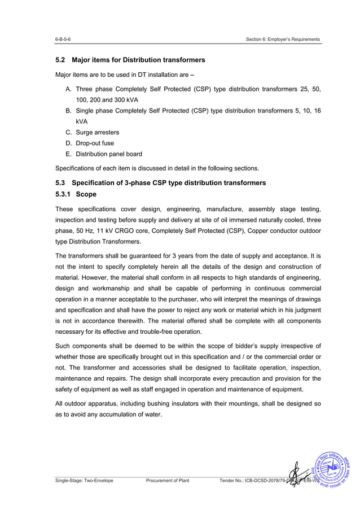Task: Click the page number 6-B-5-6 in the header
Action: pyautogui.click(x=63, y=40)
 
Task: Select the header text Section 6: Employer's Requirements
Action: pyautogui.click(x=283, y=40)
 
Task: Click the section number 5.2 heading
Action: pyautogui.click(x=61, y=60)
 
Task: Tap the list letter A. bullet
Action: pyautogui.click(x=68, y=89)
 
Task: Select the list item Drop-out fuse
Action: pyautogui.click(x=95, y=143)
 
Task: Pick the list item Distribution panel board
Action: pyautogui.click(x=109, y=154)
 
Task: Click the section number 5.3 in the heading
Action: pyautogui.click(x=61, y=183)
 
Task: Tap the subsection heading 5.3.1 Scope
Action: pyautogui.click(x=76, y=194)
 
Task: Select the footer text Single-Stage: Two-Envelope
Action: pyautogui.click(x=84, y=481)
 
